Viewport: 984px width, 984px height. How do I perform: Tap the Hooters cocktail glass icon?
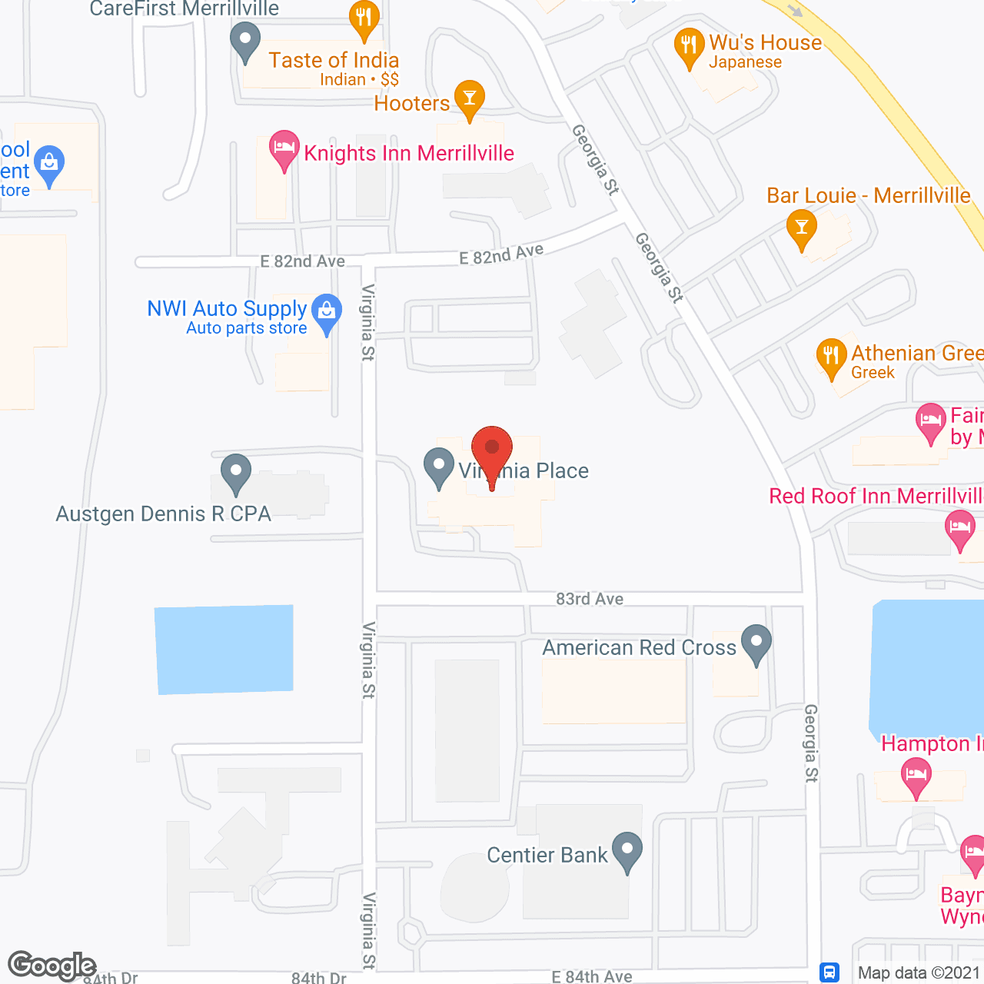click(469, 98)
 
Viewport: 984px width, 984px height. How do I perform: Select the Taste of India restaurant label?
click(334, 61)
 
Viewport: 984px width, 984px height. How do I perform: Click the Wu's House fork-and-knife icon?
click(689, 45)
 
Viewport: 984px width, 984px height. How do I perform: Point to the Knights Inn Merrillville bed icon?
click(284, 147)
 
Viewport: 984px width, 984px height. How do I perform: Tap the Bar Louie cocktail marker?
click(802, 228)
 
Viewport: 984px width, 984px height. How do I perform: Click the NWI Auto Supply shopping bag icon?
click(327, 311)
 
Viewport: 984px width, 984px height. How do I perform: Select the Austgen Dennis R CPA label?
click(164, 514)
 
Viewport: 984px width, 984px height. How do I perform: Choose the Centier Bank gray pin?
click(627, 849)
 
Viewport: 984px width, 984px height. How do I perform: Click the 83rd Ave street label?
click(590, 599)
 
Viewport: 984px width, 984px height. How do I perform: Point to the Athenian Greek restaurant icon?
click(831, 356)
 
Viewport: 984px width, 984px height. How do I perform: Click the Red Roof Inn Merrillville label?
click(876, 497)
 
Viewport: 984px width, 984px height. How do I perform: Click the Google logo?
click(52, 965)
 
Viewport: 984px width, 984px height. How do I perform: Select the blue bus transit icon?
click(829, 972)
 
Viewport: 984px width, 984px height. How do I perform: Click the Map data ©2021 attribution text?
click(918, 973)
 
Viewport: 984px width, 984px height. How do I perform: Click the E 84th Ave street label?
click(592, 977)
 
